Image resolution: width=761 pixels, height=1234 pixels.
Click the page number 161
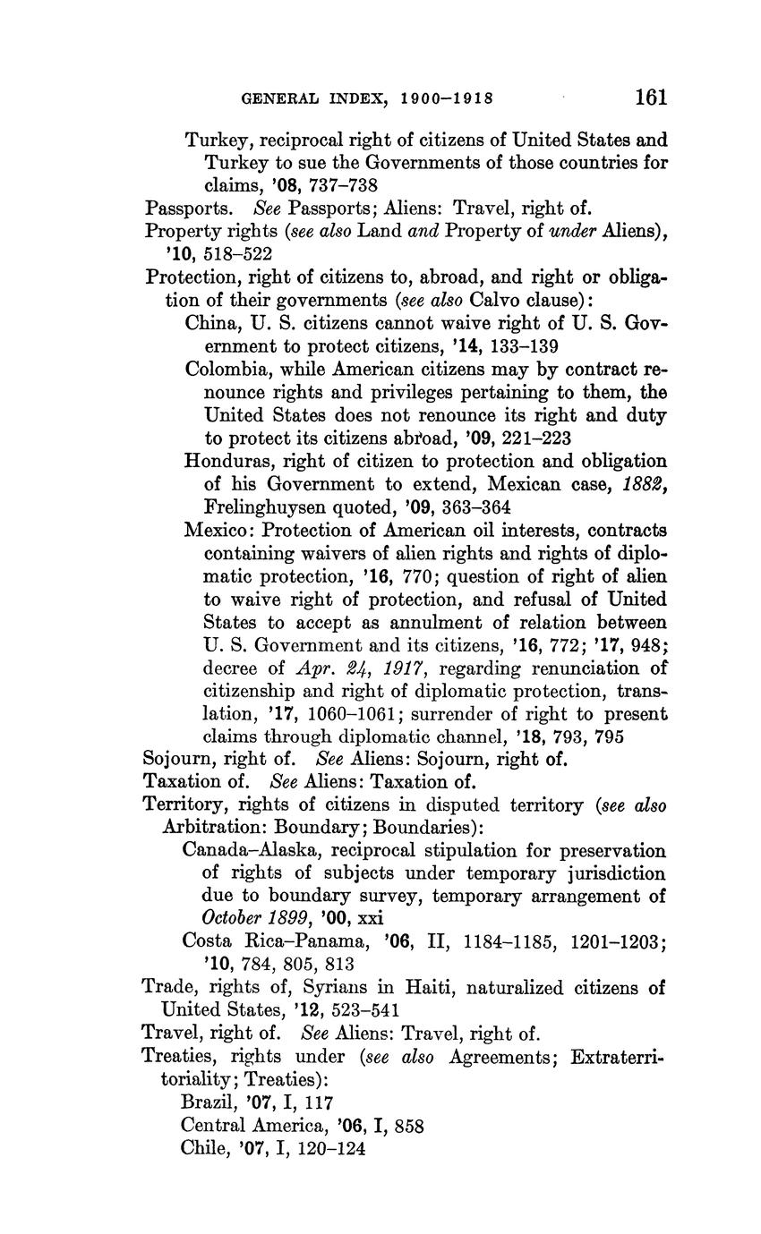[x=651, y=96]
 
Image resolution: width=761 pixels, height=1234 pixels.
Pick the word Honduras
[x=224, y=461]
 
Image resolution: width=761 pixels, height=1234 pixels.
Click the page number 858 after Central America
[x=408, y=1125]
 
